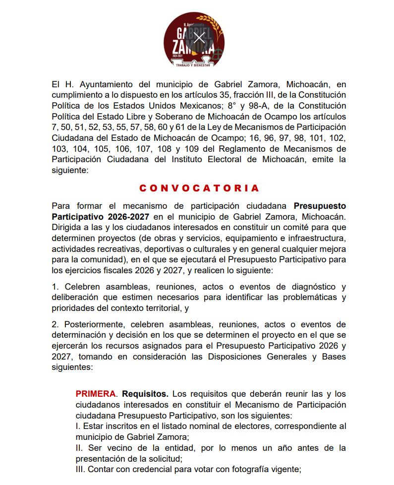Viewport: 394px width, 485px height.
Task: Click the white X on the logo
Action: (x=199, y=38)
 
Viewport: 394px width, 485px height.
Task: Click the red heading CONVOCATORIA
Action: (x=199, y=188)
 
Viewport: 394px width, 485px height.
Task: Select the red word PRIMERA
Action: (x=96, y=394)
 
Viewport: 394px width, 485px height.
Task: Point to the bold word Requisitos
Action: (x=145, y=394)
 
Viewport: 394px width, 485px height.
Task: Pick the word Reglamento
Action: (x=227, y=149)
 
